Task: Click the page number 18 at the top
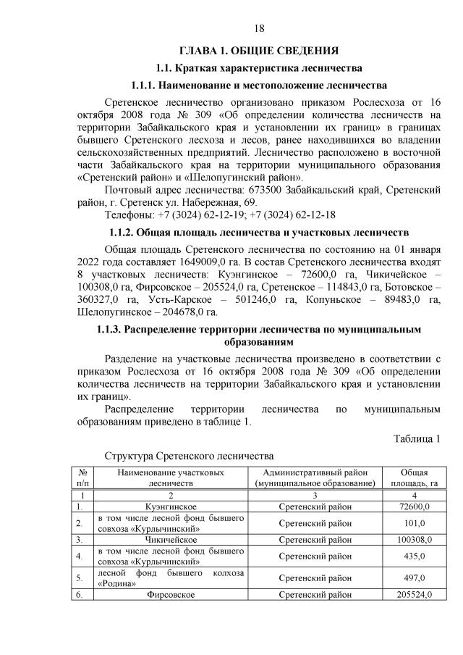[x=260, y=28]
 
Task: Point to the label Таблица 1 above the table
[x=417, y=439]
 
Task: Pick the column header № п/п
[x=82, y=477]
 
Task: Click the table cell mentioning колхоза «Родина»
[x=170, y=578]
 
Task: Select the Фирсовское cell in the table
[x=171, y=595]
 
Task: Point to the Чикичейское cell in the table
[x=171, y=540]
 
